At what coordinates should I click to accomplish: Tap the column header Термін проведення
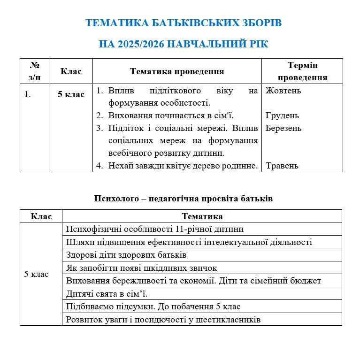302,71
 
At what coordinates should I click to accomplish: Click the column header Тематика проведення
177,71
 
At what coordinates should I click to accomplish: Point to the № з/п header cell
34,71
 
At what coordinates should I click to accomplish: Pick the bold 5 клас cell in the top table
71,94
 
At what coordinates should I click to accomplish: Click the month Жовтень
283,91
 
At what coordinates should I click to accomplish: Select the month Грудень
282,115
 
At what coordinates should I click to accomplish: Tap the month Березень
283,128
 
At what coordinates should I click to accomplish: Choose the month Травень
282,166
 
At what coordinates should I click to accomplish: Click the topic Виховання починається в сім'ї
171,115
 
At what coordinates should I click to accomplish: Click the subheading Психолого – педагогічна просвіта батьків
184,199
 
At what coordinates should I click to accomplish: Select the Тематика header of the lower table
202,216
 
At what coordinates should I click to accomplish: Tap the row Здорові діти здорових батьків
127,255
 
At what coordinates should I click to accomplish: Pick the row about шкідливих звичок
142,268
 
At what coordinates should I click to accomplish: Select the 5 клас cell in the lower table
37,274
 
